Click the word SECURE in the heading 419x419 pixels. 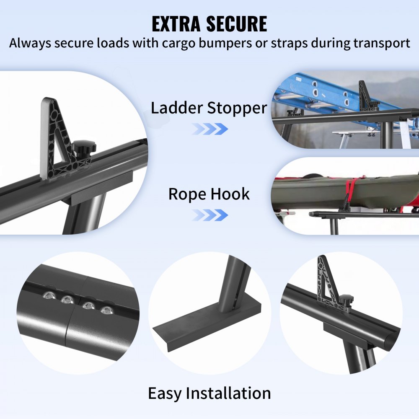239,24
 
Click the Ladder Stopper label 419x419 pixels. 209,108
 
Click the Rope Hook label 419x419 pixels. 209,194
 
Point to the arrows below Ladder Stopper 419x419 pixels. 210,129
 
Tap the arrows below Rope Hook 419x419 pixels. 210,215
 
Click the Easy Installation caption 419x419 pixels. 209,393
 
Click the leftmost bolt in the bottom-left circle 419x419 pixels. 47,296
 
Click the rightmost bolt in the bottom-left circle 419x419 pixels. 107,310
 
